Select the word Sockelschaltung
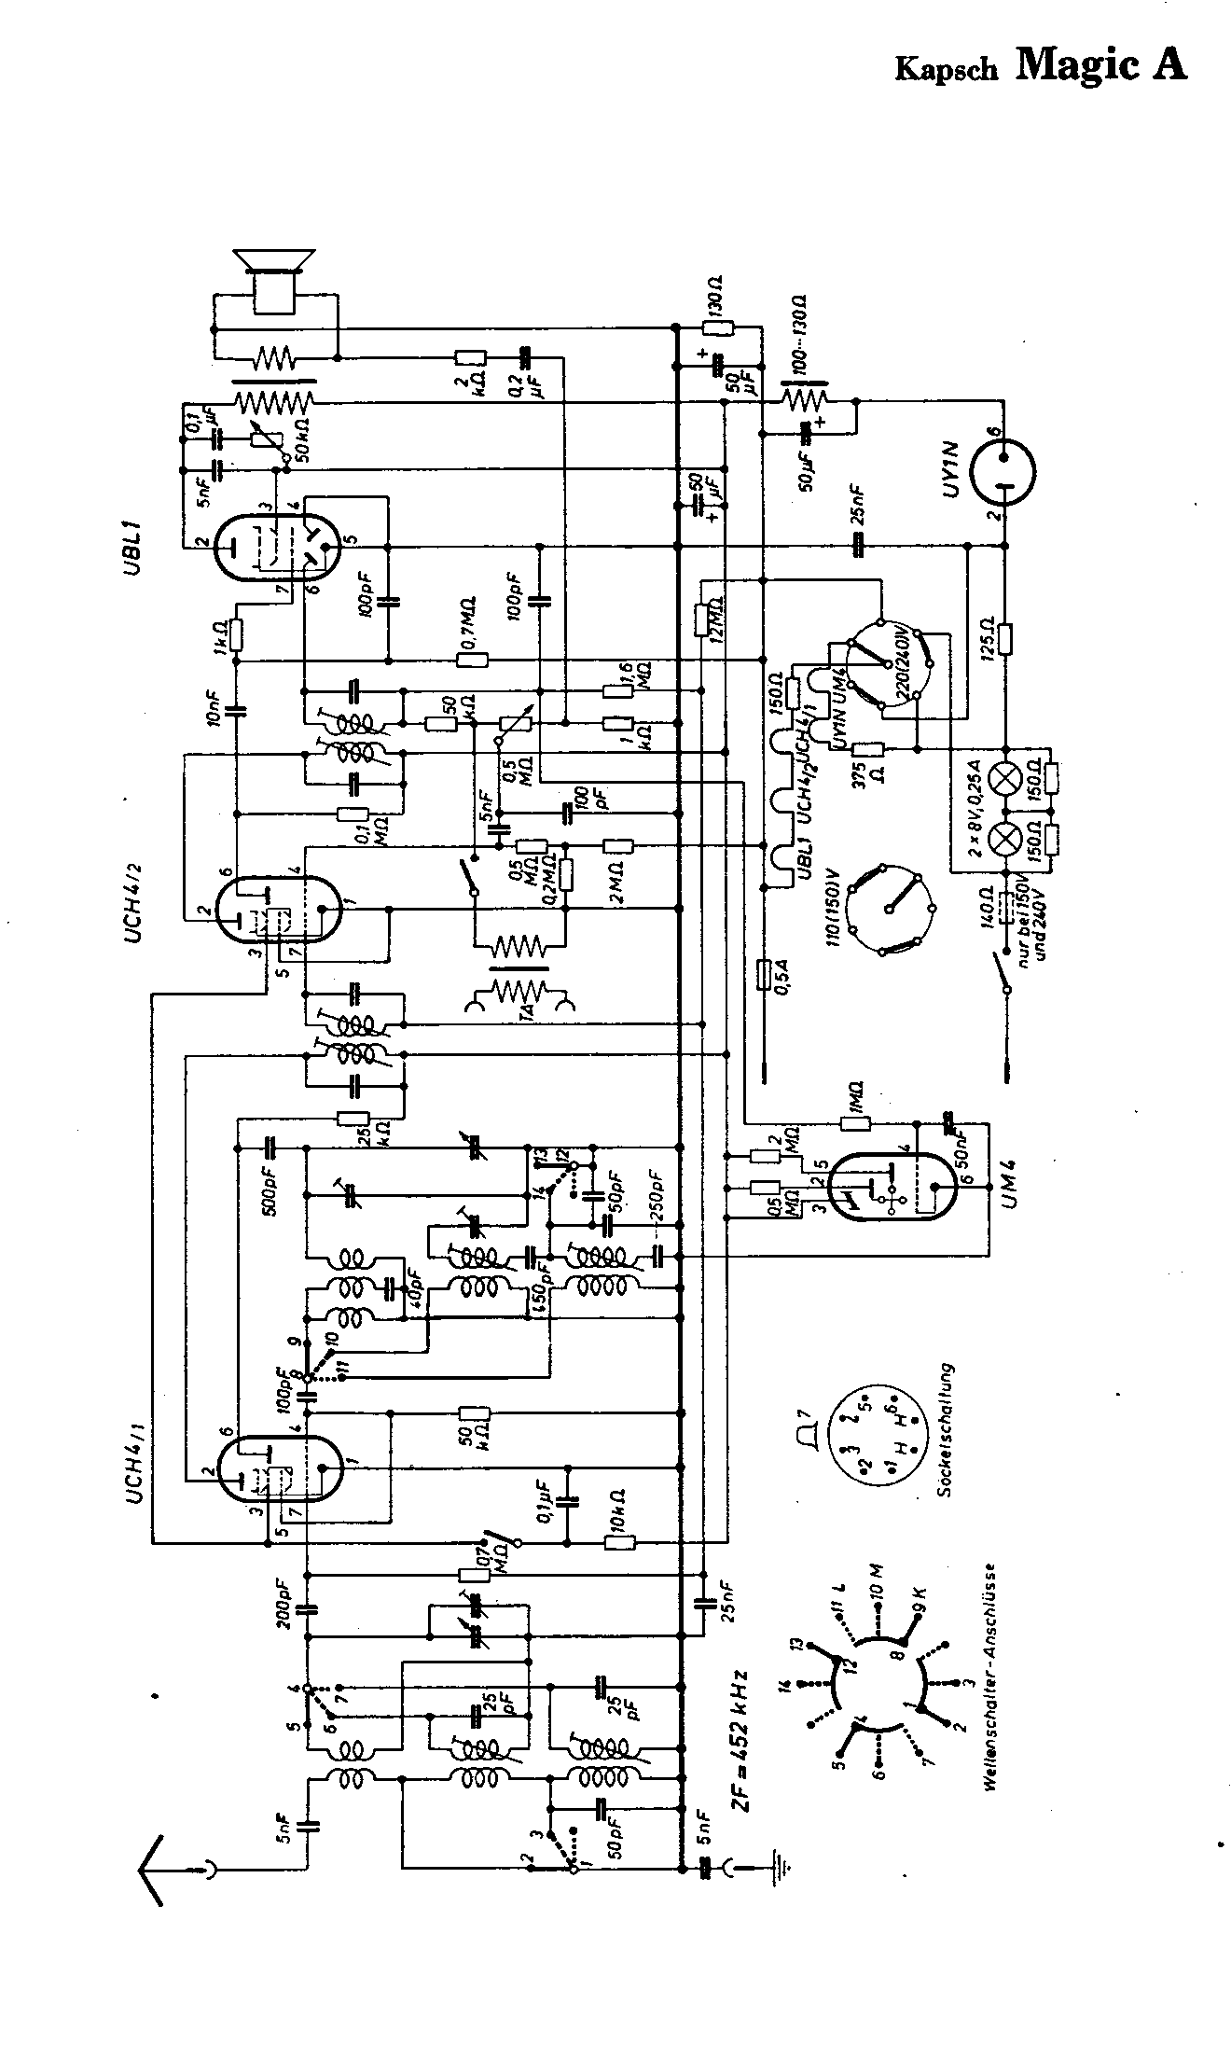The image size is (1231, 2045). pos(949,1437)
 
